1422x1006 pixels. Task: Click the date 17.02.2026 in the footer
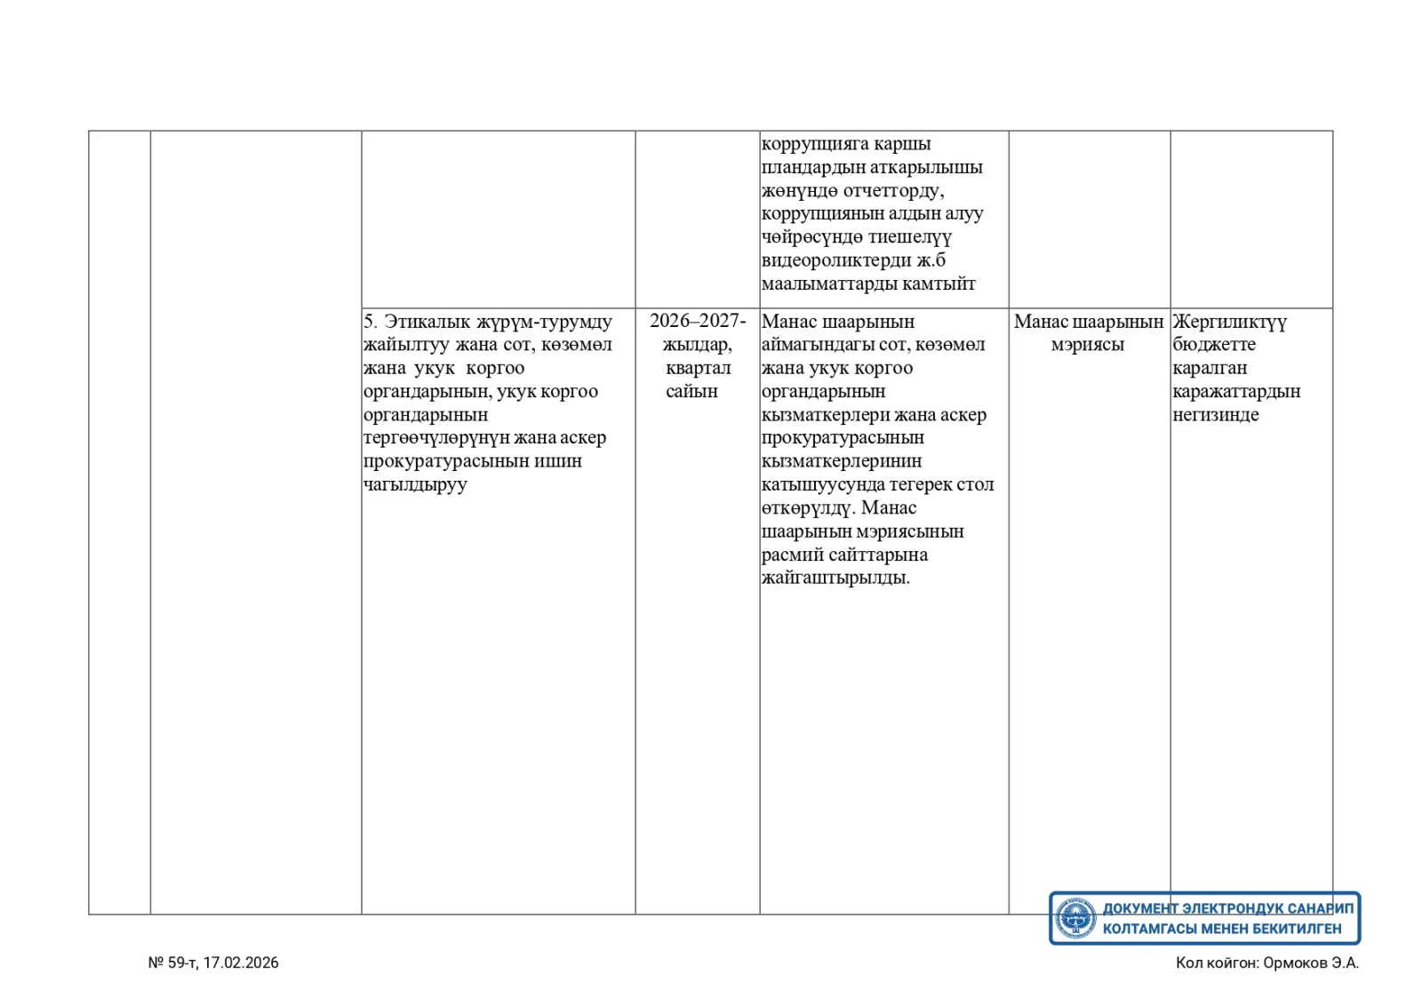click(241, 962)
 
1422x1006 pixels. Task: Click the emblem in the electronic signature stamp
click(1075, 918)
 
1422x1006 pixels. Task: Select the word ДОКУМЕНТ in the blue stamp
click(1140, 908)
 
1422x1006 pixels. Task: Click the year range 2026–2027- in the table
click(698, 321)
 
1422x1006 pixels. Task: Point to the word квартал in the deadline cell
click(698, 368)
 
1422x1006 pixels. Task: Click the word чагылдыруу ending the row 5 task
click(415, 484)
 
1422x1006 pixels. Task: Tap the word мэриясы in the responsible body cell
click(1088, 345)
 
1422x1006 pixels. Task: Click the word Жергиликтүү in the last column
click(1229, 321)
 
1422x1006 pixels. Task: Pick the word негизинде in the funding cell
click(1215, 415)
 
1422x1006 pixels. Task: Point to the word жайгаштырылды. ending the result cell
click(835, 578)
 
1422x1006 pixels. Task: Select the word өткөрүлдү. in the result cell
click(808, 508)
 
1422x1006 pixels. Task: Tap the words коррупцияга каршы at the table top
click(846, 144)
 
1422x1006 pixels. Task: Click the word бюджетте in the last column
click(1213, 345)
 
